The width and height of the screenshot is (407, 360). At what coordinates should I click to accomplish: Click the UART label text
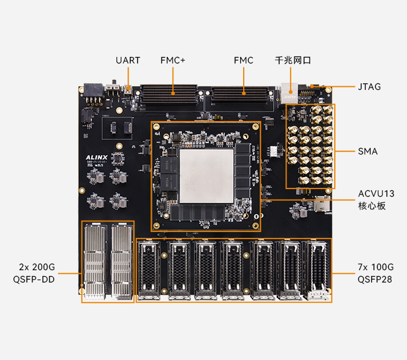click(127, 60)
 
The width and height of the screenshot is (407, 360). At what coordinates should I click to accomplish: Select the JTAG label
click(369, 87)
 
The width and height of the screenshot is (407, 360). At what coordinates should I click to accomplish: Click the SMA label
click(368, 151)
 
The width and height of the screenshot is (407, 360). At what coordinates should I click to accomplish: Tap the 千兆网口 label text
click(292, 60)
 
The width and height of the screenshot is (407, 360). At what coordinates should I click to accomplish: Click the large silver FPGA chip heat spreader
click(206, 175)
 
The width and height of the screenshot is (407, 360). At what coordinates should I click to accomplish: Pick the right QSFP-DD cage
click(122, 261)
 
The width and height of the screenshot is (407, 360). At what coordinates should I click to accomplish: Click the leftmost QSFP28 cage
click(150, 270)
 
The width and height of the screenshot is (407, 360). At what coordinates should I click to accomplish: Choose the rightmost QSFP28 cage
click(318, 270)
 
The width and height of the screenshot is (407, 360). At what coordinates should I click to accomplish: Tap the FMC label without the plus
click(243, 60)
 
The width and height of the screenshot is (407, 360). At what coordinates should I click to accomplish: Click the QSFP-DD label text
click(33, 280)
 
